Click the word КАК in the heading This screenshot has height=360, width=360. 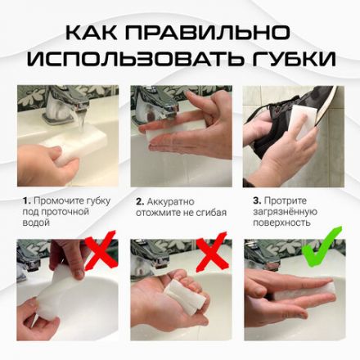[92, 33]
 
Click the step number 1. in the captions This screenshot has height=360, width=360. [26, 199]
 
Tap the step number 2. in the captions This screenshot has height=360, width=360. [139, 199]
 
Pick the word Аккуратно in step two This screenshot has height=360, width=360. [171, 199]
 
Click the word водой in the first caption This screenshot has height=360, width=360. [37, 222]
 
